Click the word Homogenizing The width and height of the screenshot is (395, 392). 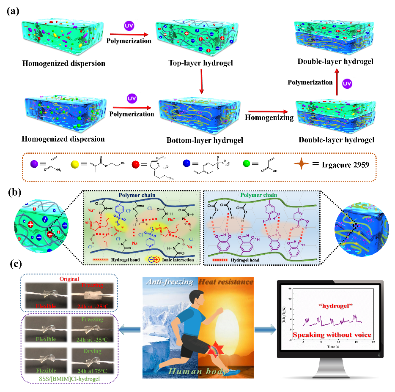pos(269,118)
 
